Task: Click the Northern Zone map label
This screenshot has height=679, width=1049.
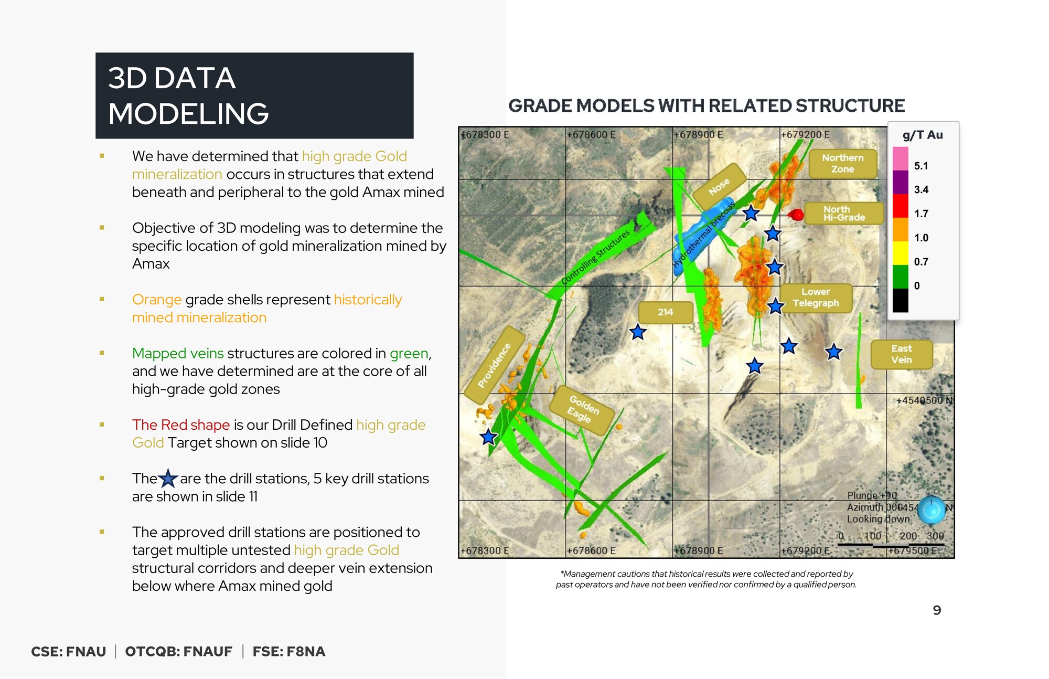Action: pos(842,164)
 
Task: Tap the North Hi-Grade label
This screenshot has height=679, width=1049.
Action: pos(843,213)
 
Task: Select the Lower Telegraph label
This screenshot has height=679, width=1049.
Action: pos(816,298)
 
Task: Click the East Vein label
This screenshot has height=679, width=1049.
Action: pos(901,354)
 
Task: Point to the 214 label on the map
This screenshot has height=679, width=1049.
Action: pos(665,312)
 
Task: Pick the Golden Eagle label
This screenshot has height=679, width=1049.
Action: pos(582,410)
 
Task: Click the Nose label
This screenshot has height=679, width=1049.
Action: pos(719,186)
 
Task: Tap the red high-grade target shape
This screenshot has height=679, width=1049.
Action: pos(796,214)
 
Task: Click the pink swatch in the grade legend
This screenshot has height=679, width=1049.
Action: pos(900,158)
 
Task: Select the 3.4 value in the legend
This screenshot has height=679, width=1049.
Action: pos(921,189)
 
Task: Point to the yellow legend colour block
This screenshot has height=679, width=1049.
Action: pos(900,253)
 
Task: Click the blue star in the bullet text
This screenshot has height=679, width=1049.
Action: pos(168,479)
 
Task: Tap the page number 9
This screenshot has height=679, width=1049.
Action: pos(937,610)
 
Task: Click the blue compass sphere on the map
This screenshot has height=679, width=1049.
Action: pos(932,509)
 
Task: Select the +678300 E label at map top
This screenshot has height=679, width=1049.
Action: pos(485,134)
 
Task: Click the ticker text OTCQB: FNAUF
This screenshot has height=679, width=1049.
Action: pos(179,651)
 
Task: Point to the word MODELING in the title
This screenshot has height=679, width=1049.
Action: pos(188,113)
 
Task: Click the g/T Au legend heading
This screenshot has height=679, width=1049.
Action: pos(923,135)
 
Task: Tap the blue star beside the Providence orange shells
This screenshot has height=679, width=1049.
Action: pos(488,437)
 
